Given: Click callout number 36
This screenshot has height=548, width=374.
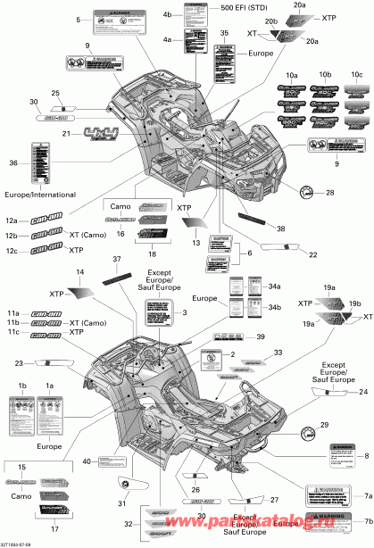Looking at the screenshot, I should (x=12, y=162).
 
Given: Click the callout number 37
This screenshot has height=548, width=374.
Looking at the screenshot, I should (x=115, y=259).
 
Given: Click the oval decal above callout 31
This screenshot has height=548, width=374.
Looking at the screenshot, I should (x=132, y=483).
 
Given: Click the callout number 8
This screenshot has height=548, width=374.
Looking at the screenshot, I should (x=365, y=458).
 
